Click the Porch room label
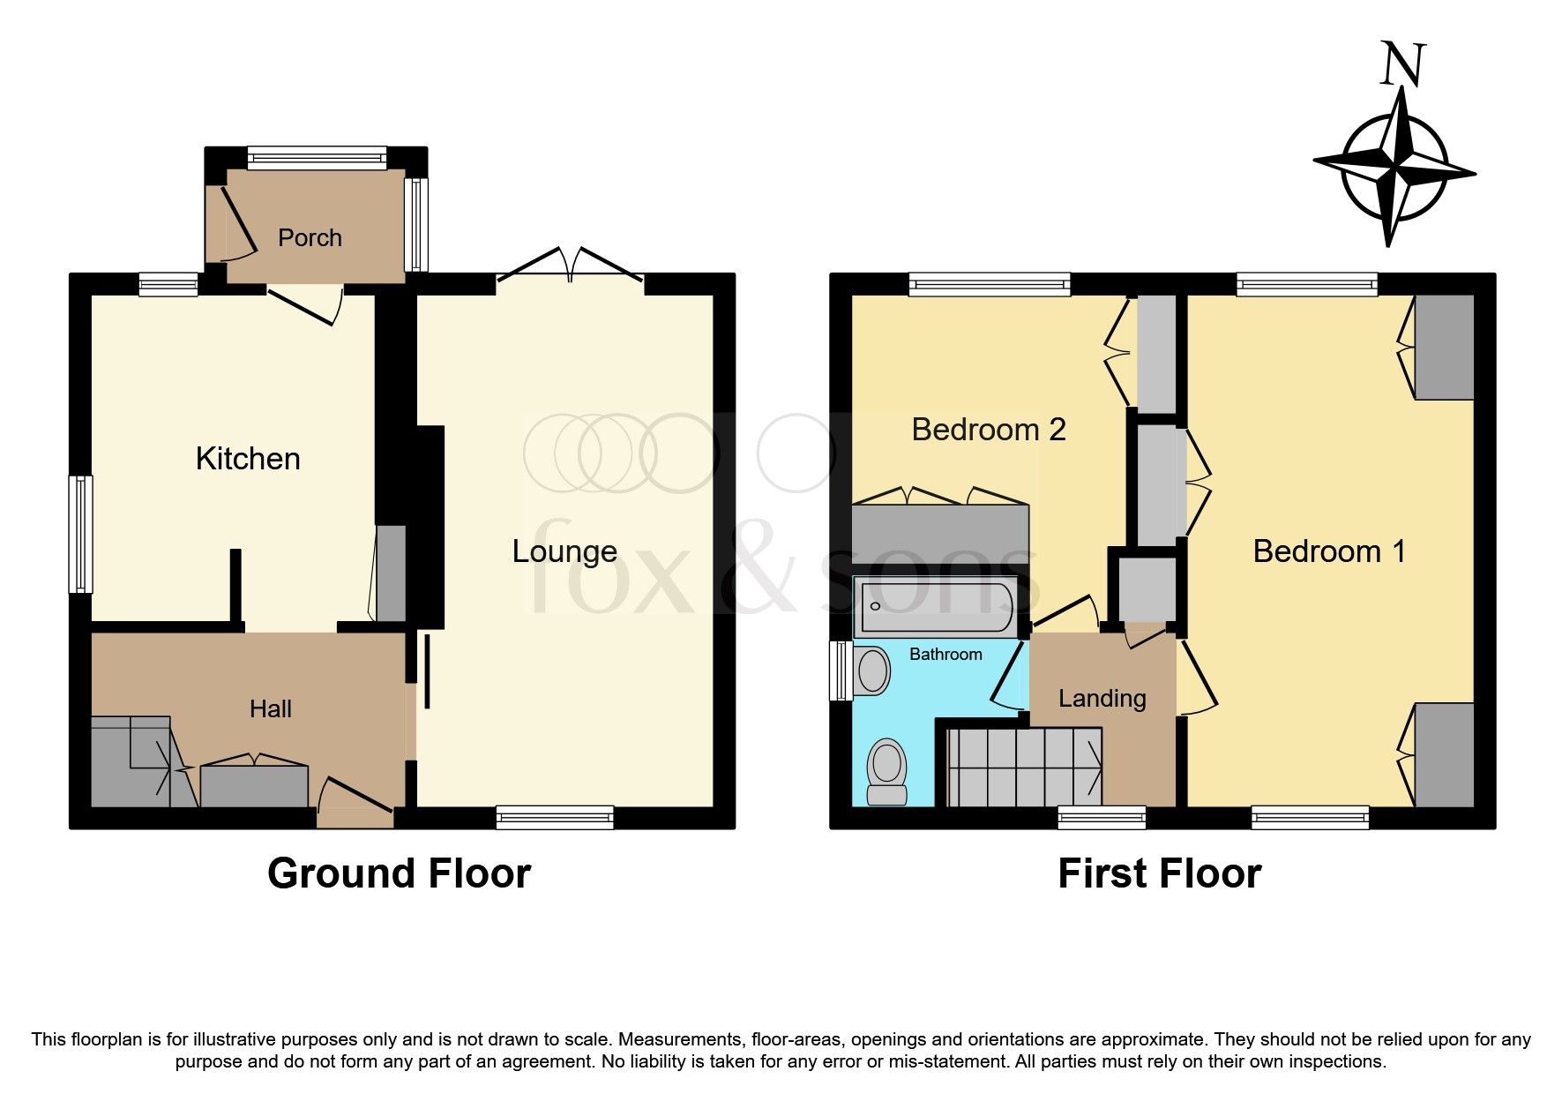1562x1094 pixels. tap(310, 238)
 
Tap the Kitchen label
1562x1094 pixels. tap(248, 459)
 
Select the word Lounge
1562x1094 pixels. tap(564, 551)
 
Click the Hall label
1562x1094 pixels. tap(270, 709)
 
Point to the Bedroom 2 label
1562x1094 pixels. tap(988, 430)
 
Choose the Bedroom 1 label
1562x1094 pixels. tap(1328, 551)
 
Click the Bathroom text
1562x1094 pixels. tap(945, 655)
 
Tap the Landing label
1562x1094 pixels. tap(1102, 699)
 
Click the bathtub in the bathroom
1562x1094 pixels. tap(937, 607)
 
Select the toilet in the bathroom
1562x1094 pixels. tap(886, 772)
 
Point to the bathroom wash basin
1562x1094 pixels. tap(872, 671)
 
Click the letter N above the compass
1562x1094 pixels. tap(1401, 65)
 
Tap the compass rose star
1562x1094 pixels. tap(1394, 167)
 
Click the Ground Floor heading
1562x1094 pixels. tap(399, 873)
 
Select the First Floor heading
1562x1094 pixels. tap(1159, 873)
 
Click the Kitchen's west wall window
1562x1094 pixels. tap(81, 535)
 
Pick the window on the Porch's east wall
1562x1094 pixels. tap(415, 224)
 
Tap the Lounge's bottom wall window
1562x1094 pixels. tap(555, 817)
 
